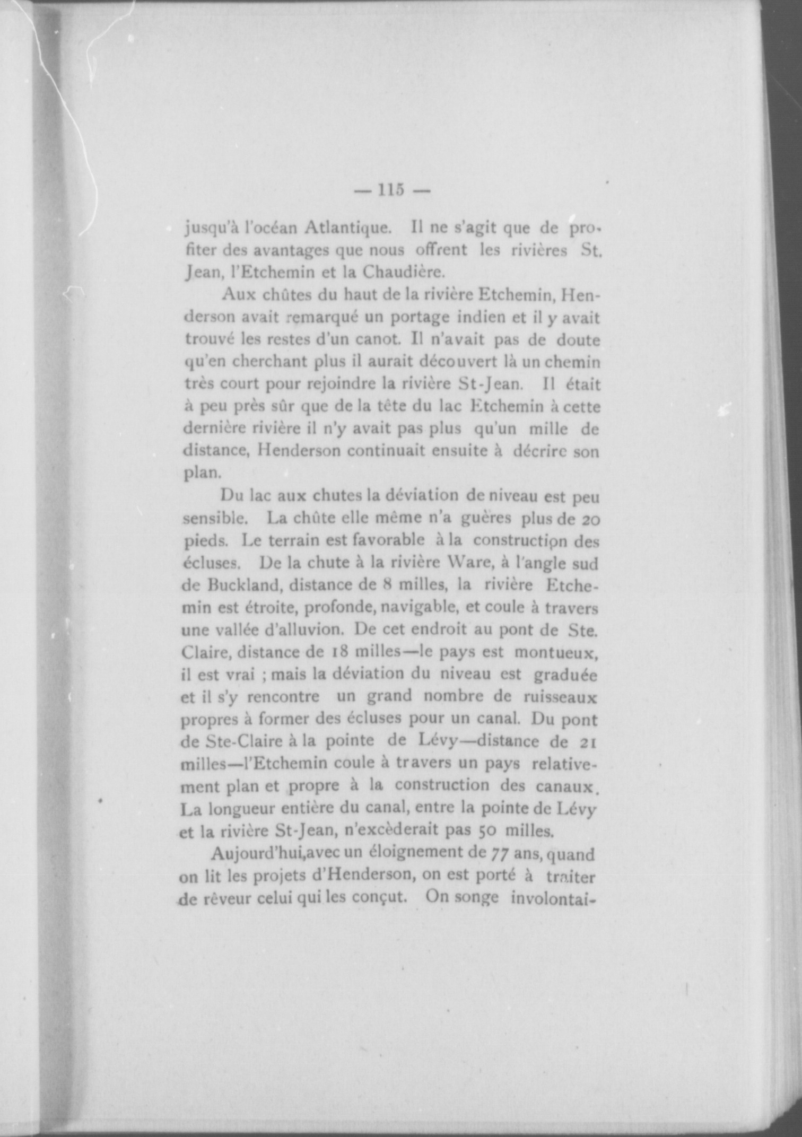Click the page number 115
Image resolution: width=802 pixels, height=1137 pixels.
click(x=391, y=190)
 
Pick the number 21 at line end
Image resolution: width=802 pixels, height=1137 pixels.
click(x=589, y=741)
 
